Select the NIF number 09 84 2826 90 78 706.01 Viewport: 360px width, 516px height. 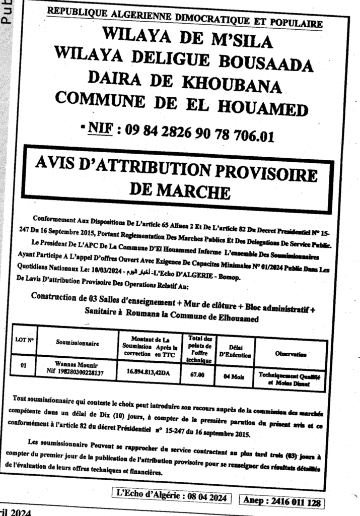click(x=198, y=133)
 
